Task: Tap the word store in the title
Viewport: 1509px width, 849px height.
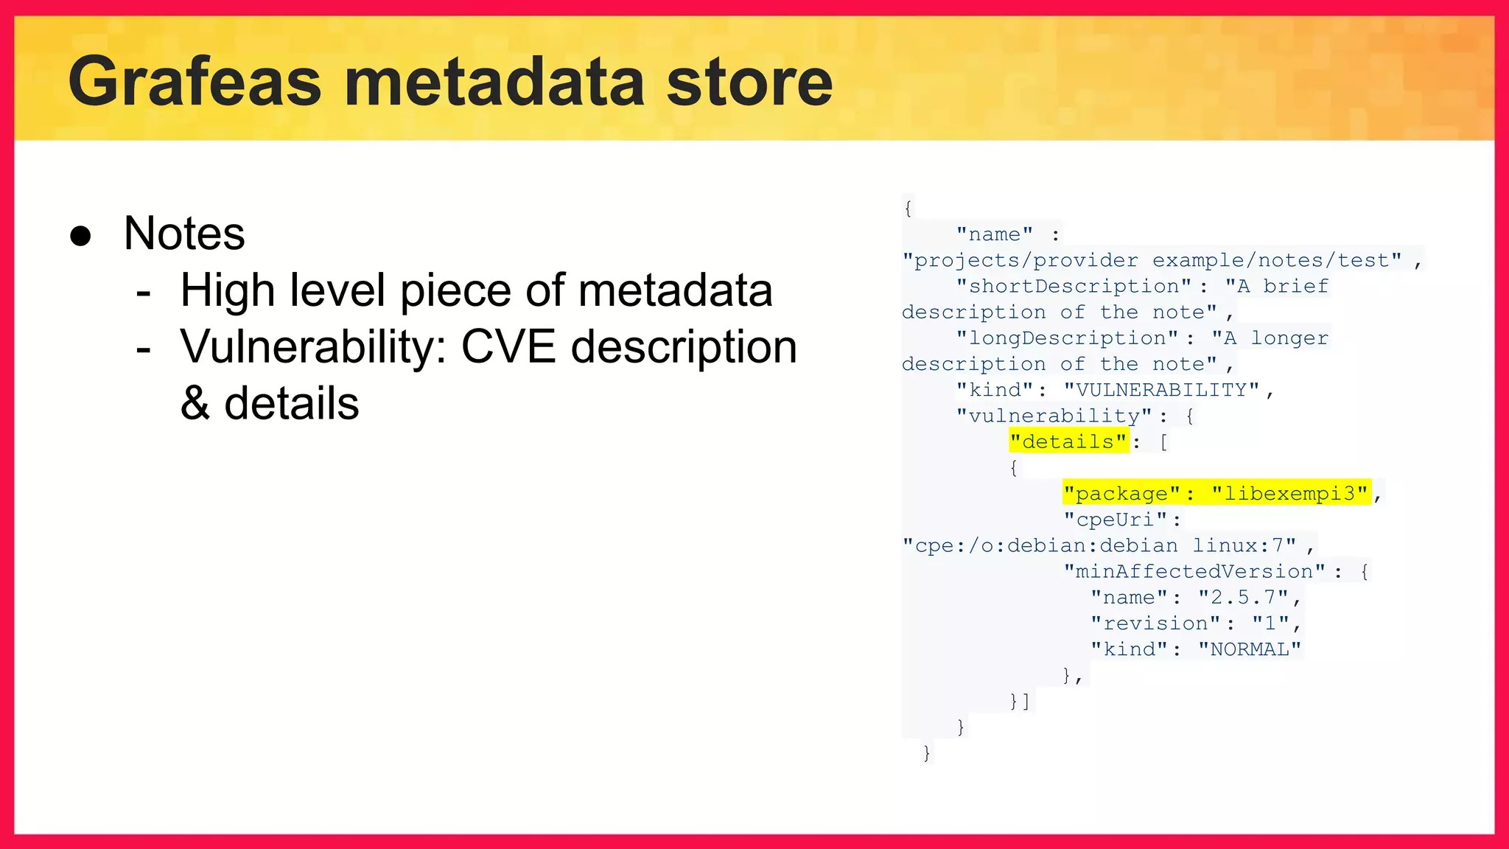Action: (x=749, y=82)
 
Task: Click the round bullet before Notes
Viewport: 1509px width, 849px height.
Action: (x=80, y=236)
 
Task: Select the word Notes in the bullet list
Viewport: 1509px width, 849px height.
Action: (x=184, y=234)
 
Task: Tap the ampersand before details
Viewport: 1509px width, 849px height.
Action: (x=195, y=404)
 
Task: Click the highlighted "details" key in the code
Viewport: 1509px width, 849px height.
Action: (x=1069, y=441)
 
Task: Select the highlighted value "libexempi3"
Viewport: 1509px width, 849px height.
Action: (x=1290, y=493)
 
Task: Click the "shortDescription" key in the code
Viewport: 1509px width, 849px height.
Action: (x=1074, y=286)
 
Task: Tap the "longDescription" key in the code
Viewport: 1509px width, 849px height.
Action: (x=1067, y=338)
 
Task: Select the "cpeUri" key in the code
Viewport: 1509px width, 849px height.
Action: (x=1116, y=520)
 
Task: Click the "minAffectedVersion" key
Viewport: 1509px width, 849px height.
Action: (x=1194, y=571)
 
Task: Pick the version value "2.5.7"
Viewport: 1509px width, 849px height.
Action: (x=1243, y=597)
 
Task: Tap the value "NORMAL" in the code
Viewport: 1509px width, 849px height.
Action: (x=1250, y=649)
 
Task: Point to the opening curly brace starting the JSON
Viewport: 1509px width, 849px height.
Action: (x=908, y=209)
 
